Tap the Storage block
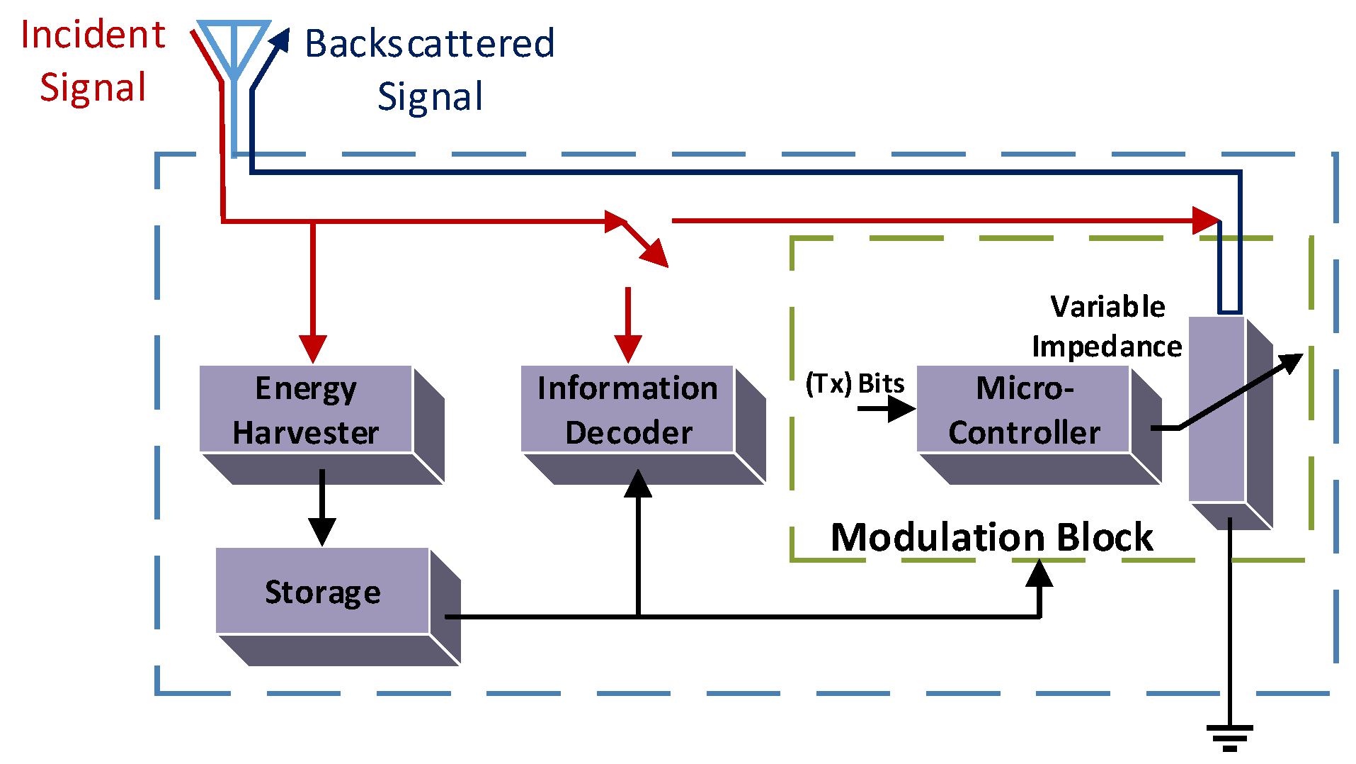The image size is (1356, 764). (323, 591)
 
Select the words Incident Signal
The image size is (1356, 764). (93, 62)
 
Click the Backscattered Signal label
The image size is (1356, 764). (430, 69)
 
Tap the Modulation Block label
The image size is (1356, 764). (991, 537)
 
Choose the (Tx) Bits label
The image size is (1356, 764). (855, 383)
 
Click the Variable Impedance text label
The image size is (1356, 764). (1107, 326)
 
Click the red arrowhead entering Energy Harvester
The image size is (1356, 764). (313, 349)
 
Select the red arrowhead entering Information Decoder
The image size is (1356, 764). (628, 349)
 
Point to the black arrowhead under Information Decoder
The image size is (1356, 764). (638, 485)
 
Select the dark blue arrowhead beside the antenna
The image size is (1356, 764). (281, 40)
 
